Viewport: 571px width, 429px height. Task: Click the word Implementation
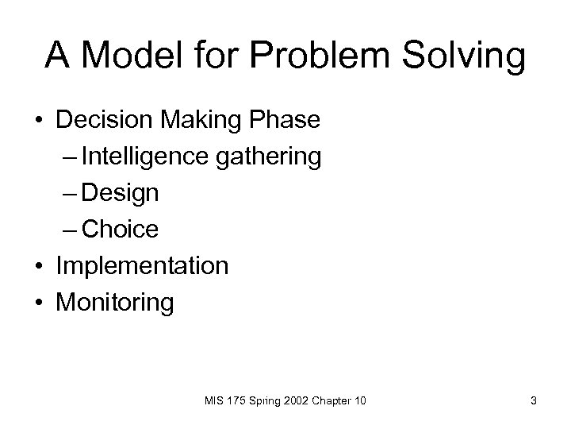[141, 266]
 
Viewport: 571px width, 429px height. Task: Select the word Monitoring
[114, 303]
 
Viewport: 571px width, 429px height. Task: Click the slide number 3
[534, 401]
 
